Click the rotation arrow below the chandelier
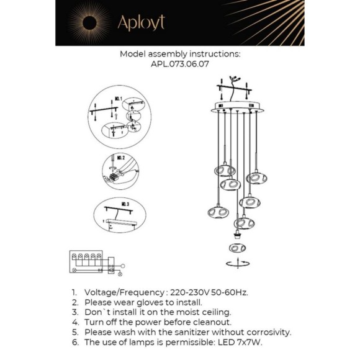pos(236,264)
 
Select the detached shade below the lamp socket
pos(236,249)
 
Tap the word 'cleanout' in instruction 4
pos(210,322)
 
